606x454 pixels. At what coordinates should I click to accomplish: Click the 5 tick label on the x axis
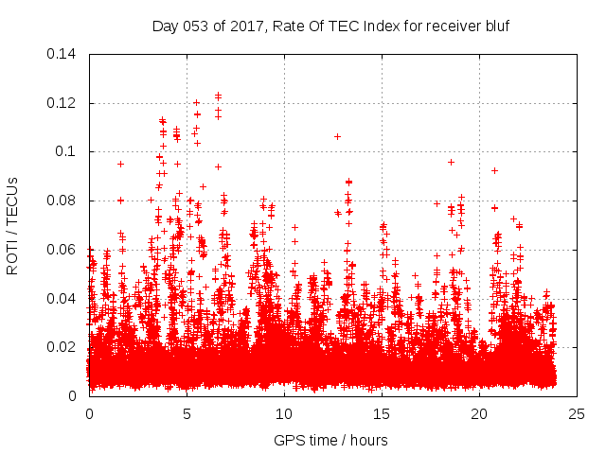coord(187,413)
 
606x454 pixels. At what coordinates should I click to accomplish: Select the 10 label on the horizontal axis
coord(284,413)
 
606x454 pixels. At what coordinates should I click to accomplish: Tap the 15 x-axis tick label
coord(382,413)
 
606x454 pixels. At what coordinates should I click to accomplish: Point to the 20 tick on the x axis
coord(479,413)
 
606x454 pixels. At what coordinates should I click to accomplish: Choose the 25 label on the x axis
coord(577,413)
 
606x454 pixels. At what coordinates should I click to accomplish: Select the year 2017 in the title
coord(248,26)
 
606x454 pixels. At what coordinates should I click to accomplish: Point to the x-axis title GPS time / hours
coord(331,440)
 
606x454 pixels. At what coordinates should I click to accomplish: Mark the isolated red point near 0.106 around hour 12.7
coord(337,136)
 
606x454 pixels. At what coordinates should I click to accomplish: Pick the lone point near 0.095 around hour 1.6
coord(120,164)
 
